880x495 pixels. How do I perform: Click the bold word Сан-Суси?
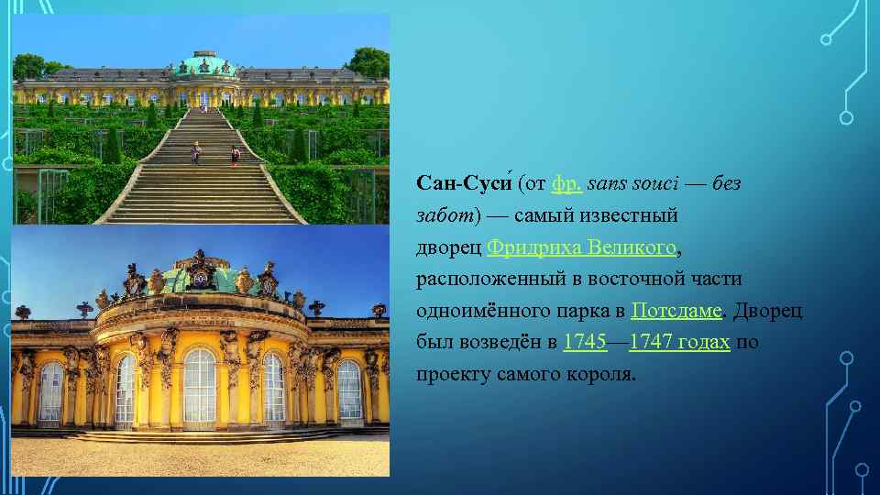[463, 184]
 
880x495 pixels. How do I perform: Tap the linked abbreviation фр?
[565, 184]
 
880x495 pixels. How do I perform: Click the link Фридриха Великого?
[583, 247]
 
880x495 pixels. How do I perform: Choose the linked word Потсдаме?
[676, 311]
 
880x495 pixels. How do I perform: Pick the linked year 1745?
[584, 343]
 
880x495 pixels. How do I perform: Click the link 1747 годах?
[679, 343]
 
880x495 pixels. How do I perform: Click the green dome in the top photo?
[205, 64]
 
